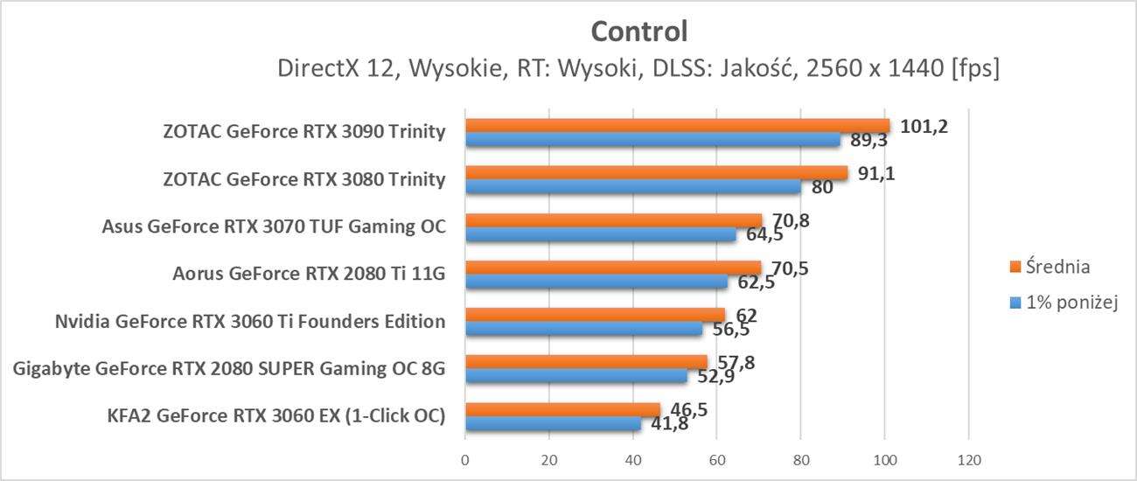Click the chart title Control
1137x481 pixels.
[x=639, y=31]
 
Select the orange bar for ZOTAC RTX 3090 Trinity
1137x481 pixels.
[x=677, y=126]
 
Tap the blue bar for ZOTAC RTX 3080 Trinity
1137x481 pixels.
[x=632, y=186]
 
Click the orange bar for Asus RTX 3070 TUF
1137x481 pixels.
[x=613, y=220]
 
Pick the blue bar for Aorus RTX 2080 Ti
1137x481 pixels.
[x=596, y=282]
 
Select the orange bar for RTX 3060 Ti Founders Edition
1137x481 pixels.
[x=595, y=315]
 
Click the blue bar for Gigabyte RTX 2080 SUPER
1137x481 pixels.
[x=575, y=376]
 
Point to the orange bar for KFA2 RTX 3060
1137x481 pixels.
[x=562, y=409]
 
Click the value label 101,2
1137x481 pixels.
[x=924, y=127]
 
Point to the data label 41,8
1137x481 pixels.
[x=666, y=425]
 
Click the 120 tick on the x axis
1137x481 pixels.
[x=968, y=460]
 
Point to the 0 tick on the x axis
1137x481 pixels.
[x=465, y=460]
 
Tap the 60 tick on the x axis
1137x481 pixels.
[x=716, y=460]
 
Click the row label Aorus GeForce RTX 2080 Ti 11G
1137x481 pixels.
[x=310, y=275]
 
